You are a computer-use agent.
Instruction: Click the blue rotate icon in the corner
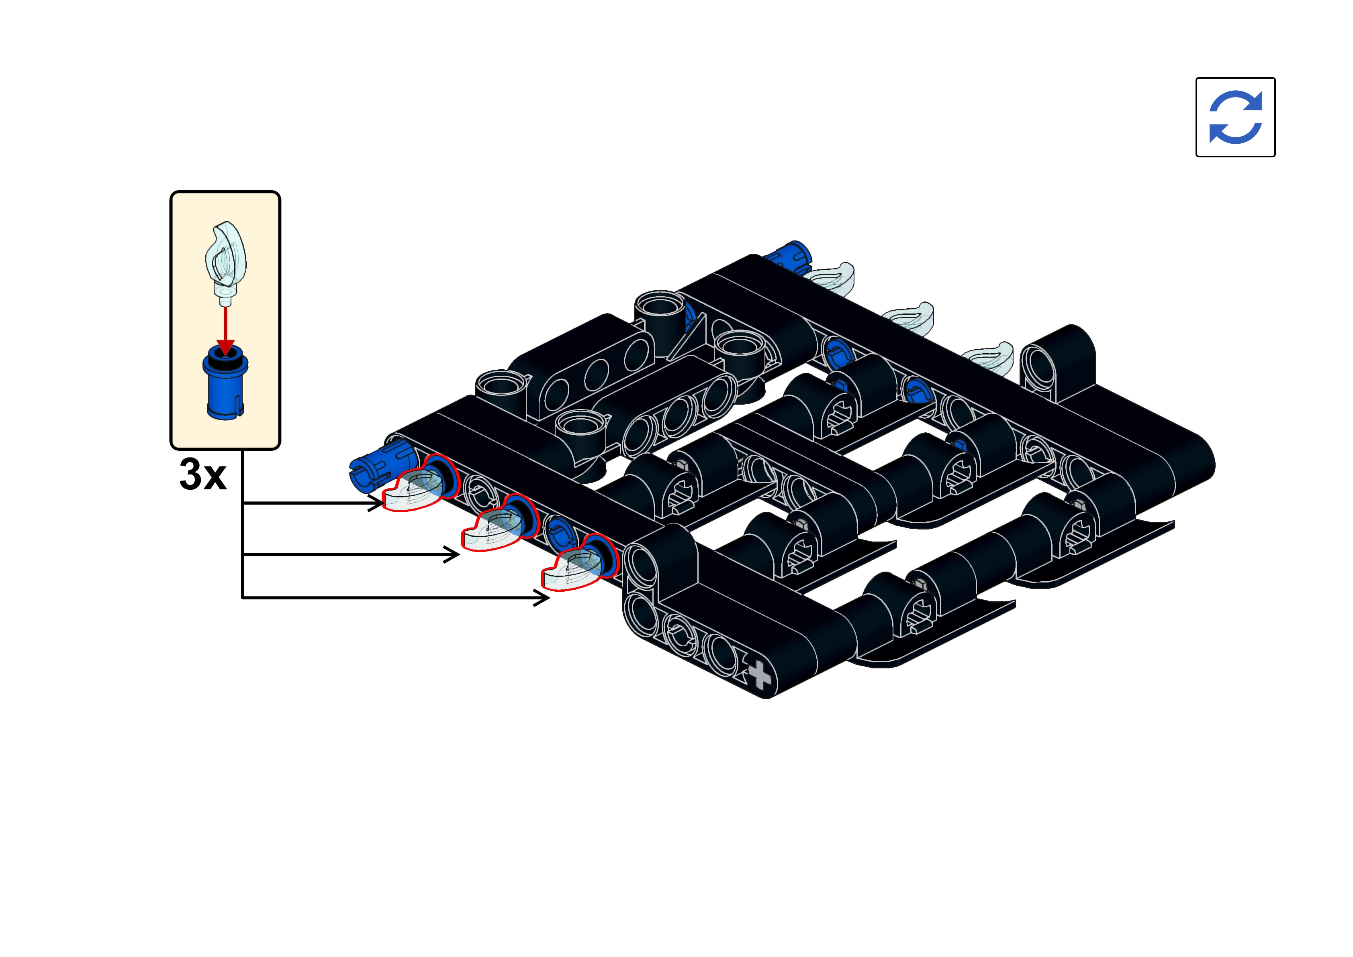tap(1235, 117)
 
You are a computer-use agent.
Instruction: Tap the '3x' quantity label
tap(202, 474)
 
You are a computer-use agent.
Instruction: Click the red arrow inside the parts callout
tap(225, 330)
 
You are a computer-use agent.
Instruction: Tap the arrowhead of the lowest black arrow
tap(541, 599)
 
